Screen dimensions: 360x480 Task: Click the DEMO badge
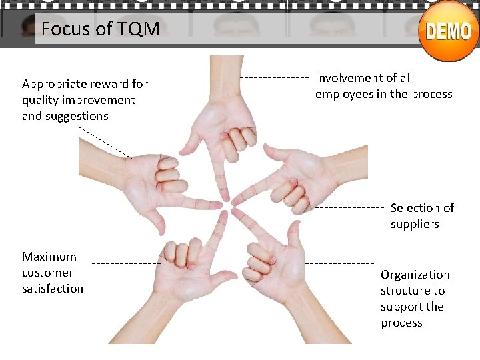[x=449, y=31]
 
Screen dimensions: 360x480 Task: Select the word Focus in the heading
[x=64, y=29]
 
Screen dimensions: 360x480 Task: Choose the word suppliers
[x=414, y=224]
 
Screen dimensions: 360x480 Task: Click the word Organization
[x=415, y=275]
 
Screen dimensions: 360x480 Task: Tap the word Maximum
[x=49, y=257]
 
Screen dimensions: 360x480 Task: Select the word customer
[x=47, y=273]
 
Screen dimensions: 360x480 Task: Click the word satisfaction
[x=53, y=289]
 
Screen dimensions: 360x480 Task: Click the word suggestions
[x=77, y=116]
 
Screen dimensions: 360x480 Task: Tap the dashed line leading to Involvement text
[x=273, y=78]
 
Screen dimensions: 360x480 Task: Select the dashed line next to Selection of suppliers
[x=349, y=208]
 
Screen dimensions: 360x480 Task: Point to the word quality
[x=41, y=100]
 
